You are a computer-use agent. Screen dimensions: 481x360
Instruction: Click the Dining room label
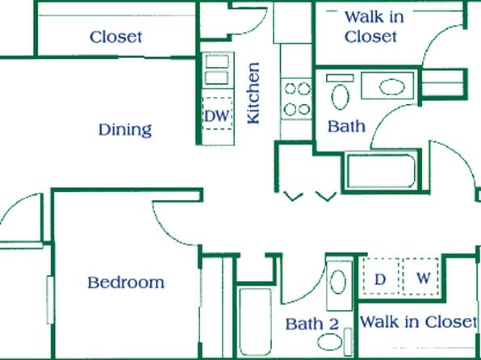(x=125, y=130)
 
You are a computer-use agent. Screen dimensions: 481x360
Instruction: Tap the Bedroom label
(x=126, y=283)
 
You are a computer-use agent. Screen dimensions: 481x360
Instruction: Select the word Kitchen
(x=253, y=94)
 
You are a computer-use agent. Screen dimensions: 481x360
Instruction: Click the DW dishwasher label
(x=217, y=116)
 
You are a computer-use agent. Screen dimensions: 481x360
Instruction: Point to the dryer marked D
(x=380, y=277)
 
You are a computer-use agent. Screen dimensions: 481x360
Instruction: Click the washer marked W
(x=421, y=277)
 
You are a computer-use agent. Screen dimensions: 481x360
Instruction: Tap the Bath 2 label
(x=312, y=324)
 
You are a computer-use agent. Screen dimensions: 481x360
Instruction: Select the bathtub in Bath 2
(x=255, y=321)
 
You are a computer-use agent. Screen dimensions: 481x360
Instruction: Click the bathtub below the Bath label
(x=381, y=171)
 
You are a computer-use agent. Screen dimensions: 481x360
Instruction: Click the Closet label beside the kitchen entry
(x=116, y=37)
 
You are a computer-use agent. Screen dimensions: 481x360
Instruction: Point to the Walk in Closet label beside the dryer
(x=418, y=322)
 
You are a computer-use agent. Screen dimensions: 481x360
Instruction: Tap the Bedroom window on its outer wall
(x=50, y=299)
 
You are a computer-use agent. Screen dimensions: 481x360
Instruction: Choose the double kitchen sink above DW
(x=217, y=69)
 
